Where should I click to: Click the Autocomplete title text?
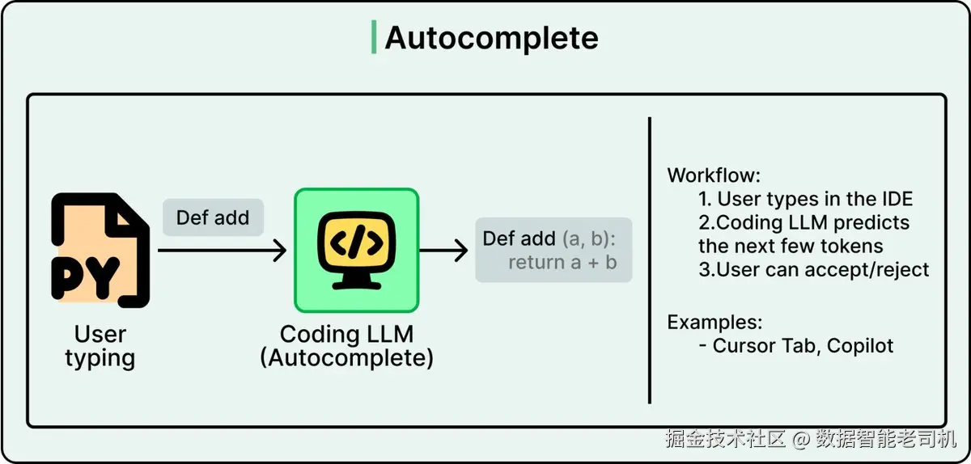click(492, 38)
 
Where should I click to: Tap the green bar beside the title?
click(374, 37)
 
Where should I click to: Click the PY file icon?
click(100, 251)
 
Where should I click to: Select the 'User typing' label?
click(100, 346)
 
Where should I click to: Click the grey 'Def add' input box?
click(214, 217)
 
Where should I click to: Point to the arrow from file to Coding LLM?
click(222, 251)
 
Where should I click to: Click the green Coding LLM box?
click(357, 250)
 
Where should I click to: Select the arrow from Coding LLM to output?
click(443, 251)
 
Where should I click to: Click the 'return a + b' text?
click(562, 263)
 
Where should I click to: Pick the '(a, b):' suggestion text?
click(589, 238)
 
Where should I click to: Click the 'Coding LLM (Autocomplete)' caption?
click(347, 346)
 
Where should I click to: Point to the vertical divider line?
click(649, 260)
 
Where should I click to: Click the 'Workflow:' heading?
click(714, 175)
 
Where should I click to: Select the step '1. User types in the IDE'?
click(805, 199)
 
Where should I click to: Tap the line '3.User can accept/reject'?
click(814, 269)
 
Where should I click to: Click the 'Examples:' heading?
click(714, 323)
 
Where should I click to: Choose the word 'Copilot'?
click(860, 346)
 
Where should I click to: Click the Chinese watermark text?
click(811, 439)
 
